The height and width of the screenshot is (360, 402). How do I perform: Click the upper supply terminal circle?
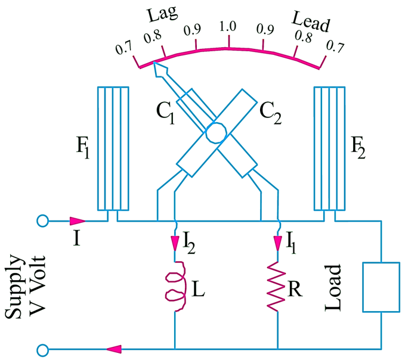[x=42, y=221]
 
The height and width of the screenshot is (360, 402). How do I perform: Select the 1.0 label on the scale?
[x=229, y=26]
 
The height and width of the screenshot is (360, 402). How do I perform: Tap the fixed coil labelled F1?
[x=113, y=149]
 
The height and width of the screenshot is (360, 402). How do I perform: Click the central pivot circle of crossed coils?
[x=213, y=134]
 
